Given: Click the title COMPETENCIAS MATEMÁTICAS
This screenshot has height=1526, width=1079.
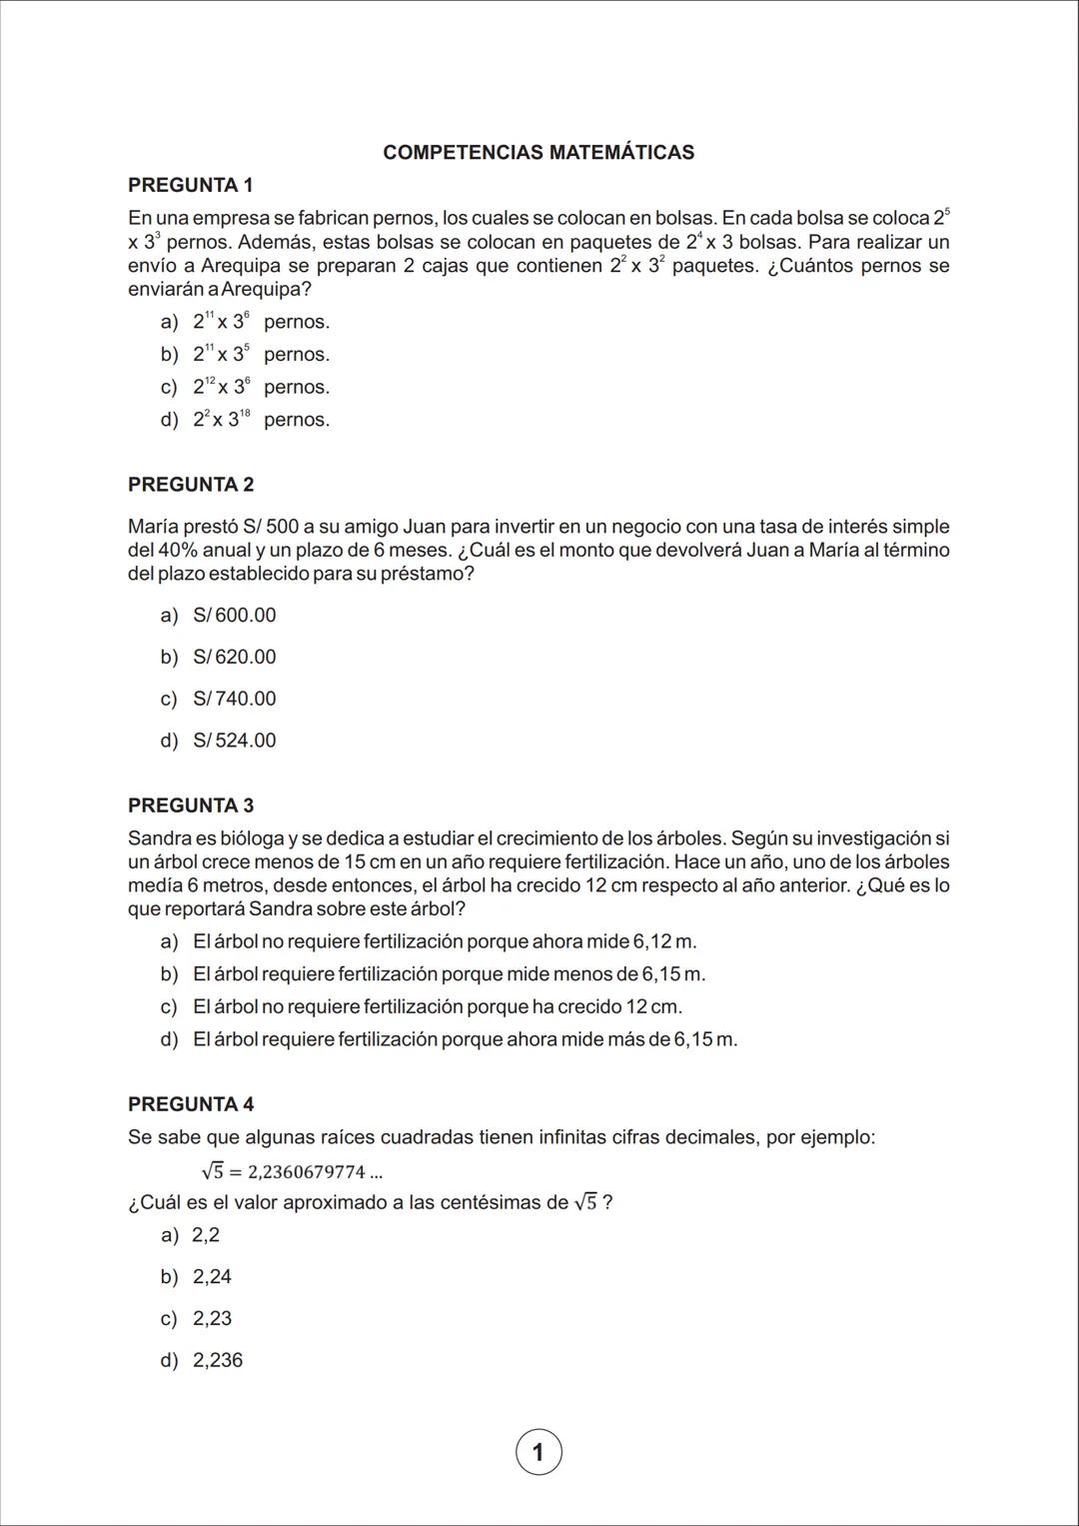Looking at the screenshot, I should (x=539, y=153).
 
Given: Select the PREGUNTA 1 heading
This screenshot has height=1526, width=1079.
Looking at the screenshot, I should (x=191, y=185).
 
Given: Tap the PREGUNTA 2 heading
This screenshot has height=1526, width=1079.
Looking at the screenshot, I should (x=191, y=485).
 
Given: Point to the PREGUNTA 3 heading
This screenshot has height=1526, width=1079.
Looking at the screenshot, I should (x=191, y=805).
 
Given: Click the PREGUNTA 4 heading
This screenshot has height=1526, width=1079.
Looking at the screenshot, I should (x=191, y=1104).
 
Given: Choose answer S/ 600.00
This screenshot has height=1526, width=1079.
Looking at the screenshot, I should (x=235, y=616).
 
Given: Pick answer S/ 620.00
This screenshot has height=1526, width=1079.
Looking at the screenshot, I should (x=235, y=658).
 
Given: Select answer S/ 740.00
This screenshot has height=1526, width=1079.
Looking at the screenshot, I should (x=235, y=700).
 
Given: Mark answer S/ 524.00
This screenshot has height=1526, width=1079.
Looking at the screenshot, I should (x=235, y=742).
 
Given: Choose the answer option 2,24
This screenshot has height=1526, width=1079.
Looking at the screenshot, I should (x=212, y=1277).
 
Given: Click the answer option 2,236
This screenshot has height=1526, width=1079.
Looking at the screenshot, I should (x=218, y=1361).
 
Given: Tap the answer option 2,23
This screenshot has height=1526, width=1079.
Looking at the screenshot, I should (x=212, y=1319).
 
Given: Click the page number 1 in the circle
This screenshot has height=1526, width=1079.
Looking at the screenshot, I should (x=539, y=1452).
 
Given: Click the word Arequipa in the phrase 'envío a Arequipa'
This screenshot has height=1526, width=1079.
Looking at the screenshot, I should (x=241, y=267).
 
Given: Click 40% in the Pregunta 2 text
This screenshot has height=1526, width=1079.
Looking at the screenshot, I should (x=178, y=551).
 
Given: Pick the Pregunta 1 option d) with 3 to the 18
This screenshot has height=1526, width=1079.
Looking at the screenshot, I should (x=245, y=421).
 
